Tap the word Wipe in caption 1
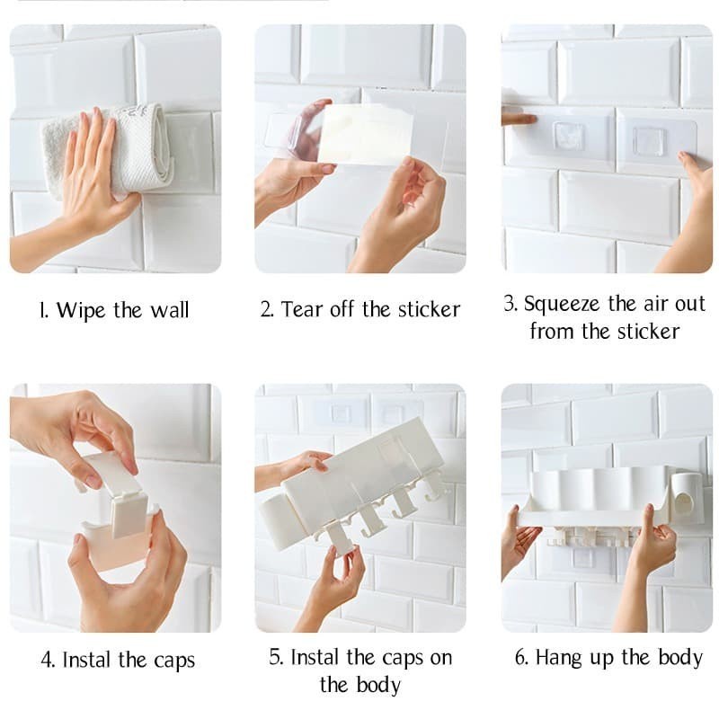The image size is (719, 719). pyautogui.click(x=81, y=310)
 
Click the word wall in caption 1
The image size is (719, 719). pyautogui.click(x=170, y=310)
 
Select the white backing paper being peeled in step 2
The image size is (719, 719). pyautogui.click(x=366, y=134)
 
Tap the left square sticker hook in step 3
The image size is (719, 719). pyautogui.click(x=569, y=137)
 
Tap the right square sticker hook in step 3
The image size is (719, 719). pyautogui.click(x=649, y=139)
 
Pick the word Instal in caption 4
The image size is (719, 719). pyautogui.click(x=87, y=661)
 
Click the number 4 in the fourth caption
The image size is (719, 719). pyautogui.click(x=48, y=661)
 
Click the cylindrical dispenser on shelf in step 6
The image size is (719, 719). pyautogui.click(x=687, y=498)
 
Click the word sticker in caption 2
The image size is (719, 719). pyautogui.click(x=429, y=309)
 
